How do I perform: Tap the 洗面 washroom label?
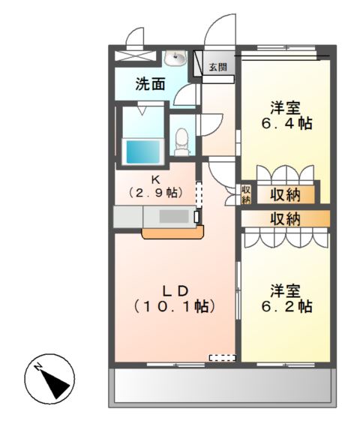click(x=150, y=84)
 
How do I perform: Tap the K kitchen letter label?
click(x=155, y=179)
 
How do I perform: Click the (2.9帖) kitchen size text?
click(x=156, y=193)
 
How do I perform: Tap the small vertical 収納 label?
click(x=245, y=194)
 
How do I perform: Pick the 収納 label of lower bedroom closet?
click(x=285, y=219)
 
